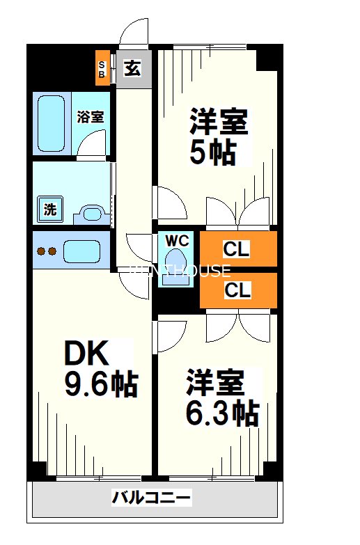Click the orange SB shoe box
102,68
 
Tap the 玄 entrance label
132,68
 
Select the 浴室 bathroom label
91,116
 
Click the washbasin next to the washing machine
88,212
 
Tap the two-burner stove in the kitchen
47,251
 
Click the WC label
178,240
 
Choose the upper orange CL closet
238,249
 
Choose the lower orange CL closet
238,290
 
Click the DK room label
87,355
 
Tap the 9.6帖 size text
101,384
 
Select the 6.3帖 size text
222,414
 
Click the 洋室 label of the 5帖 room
219,123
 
